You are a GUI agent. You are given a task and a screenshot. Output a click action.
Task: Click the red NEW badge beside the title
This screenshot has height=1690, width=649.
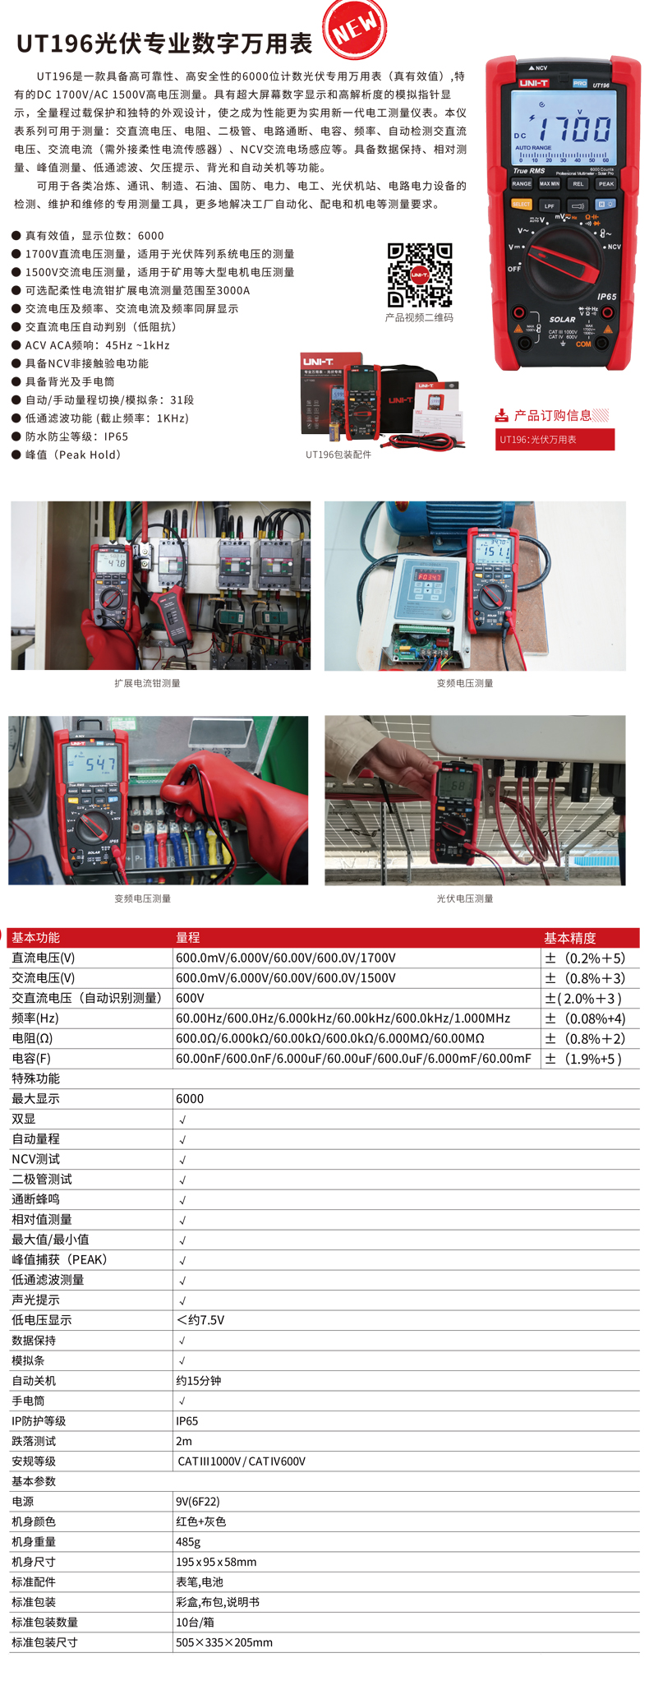(355, 28)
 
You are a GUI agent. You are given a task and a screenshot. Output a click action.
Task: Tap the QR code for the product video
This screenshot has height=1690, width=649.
(420, 275)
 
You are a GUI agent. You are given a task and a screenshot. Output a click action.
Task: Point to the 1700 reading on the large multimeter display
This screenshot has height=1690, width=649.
(574, 129)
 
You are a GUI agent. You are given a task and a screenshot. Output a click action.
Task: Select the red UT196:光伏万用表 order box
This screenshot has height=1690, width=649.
(555, 440)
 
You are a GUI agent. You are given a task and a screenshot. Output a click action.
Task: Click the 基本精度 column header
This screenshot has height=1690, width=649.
(570, 938)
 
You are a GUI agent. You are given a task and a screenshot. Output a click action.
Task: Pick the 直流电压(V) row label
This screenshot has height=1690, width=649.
(44, 958)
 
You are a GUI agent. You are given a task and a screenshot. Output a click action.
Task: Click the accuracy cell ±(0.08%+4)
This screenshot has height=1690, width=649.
(585, 1018)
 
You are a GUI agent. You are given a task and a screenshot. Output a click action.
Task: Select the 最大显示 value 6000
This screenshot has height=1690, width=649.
(190, 1099)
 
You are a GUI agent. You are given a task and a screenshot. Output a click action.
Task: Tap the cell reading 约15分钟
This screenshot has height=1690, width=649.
(198, 1381)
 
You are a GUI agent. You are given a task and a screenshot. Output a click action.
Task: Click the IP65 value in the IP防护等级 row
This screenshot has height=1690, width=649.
(187, 1421)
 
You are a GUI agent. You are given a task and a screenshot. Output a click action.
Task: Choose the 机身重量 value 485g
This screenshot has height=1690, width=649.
(188, 1542)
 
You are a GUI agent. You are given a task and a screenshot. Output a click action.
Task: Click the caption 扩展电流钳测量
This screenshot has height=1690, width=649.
(147, 683)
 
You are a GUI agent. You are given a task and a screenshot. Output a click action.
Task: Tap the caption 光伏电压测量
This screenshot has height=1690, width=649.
(465, 898)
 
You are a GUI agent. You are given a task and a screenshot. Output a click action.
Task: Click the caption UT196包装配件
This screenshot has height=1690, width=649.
(338, 455)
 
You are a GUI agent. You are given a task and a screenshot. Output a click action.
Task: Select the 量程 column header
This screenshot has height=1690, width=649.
(188, 938)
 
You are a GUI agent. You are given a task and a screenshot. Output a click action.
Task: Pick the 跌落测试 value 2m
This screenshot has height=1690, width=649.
(184, 1441)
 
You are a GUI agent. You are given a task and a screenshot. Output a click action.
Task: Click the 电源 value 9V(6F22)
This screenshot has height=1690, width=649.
(198, 1502)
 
